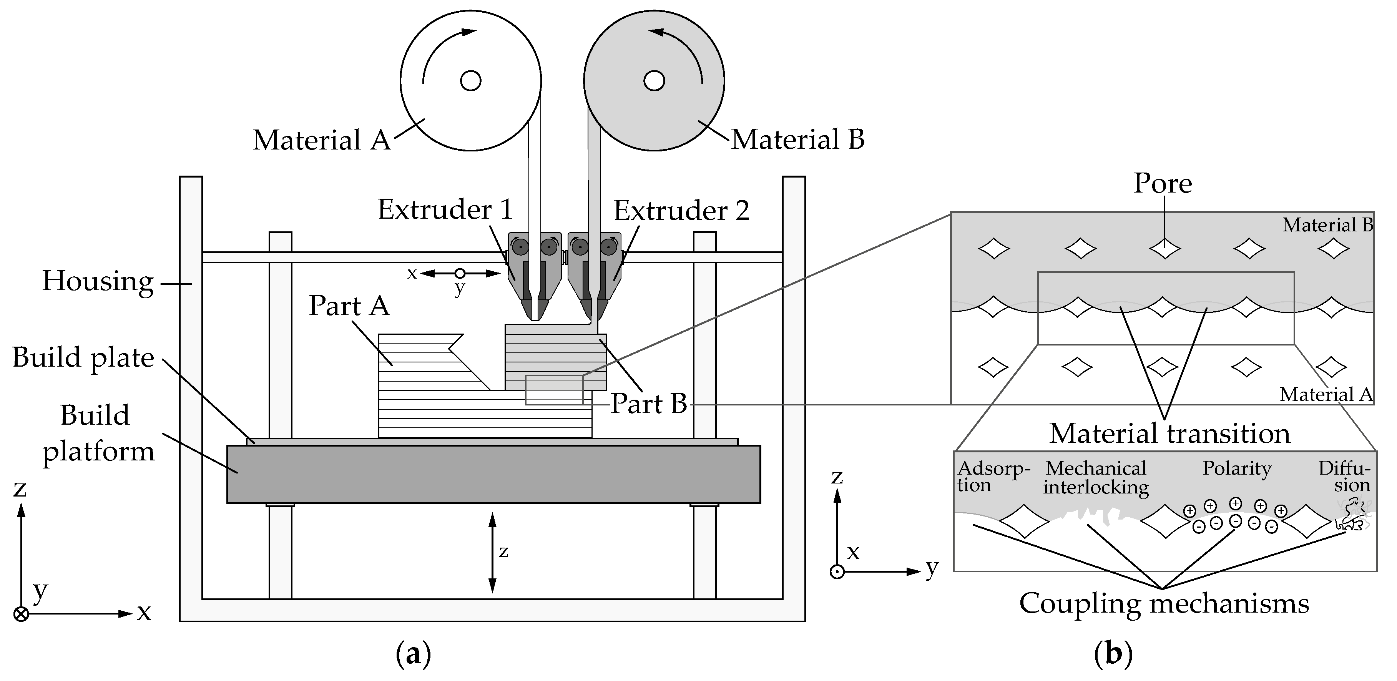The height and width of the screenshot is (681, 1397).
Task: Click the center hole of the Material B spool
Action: pos(654,81)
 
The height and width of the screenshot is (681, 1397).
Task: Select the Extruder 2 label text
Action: pos(681,210)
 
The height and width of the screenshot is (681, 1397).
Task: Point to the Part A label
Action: pos(349,306)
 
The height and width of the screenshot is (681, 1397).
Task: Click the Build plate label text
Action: pos(83,358)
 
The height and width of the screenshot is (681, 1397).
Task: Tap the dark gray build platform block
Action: pos(493,474)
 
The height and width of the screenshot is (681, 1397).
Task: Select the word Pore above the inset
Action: pos(1163,183)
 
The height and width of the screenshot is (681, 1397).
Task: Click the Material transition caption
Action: pos(1169,434)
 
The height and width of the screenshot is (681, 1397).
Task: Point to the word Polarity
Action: pos(1236,468)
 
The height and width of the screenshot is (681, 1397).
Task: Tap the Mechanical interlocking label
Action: pos(1095,478)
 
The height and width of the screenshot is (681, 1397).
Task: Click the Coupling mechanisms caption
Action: pos(1164,603)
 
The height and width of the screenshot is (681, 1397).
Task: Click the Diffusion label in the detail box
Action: pos(1344,477)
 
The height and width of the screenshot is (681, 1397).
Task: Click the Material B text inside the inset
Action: pos(1327,225)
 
